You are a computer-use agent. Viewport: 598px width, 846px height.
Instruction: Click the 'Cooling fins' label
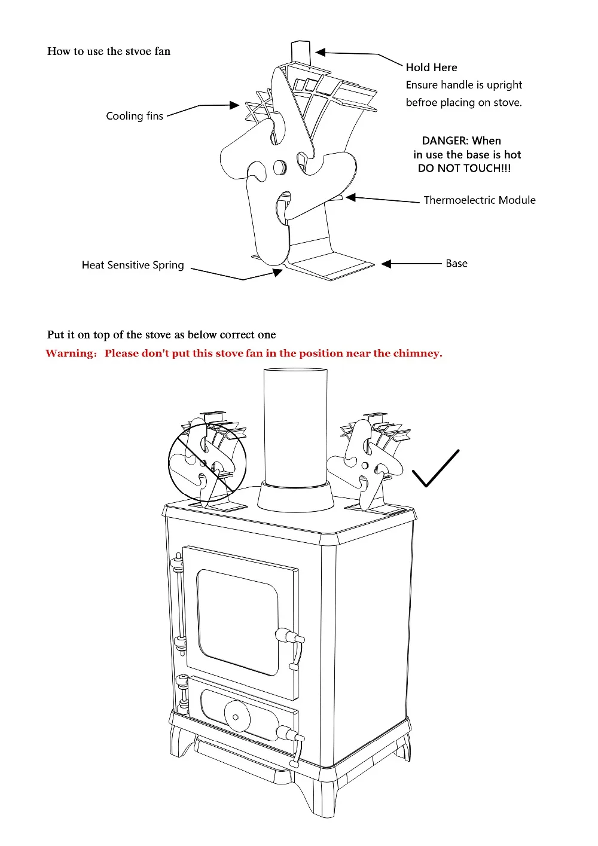(x=135, y=116)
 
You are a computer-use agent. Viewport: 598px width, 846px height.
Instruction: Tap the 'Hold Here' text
(x=431, y=68)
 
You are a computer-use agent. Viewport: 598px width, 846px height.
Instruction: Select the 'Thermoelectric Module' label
(x=480, y=200)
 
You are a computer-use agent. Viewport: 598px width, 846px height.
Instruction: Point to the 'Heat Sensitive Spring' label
(x=133, y=265)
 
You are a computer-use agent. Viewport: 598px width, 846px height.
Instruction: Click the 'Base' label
(x=456, y=263)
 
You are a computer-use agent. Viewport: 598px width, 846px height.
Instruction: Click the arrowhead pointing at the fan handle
(x=321, y=52)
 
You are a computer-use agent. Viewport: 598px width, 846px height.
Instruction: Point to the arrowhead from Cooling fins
(x=234, y=105)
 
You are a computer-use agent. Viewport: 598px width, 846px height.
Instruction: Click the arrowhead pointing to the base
(x=386, y=264)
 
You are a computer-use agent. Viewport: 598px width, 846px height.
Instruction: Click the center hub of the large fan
(x=279, y=167)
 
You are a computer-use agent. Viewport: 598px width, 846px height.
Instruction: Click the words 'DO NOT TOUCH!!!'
(x=464, y=169)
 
